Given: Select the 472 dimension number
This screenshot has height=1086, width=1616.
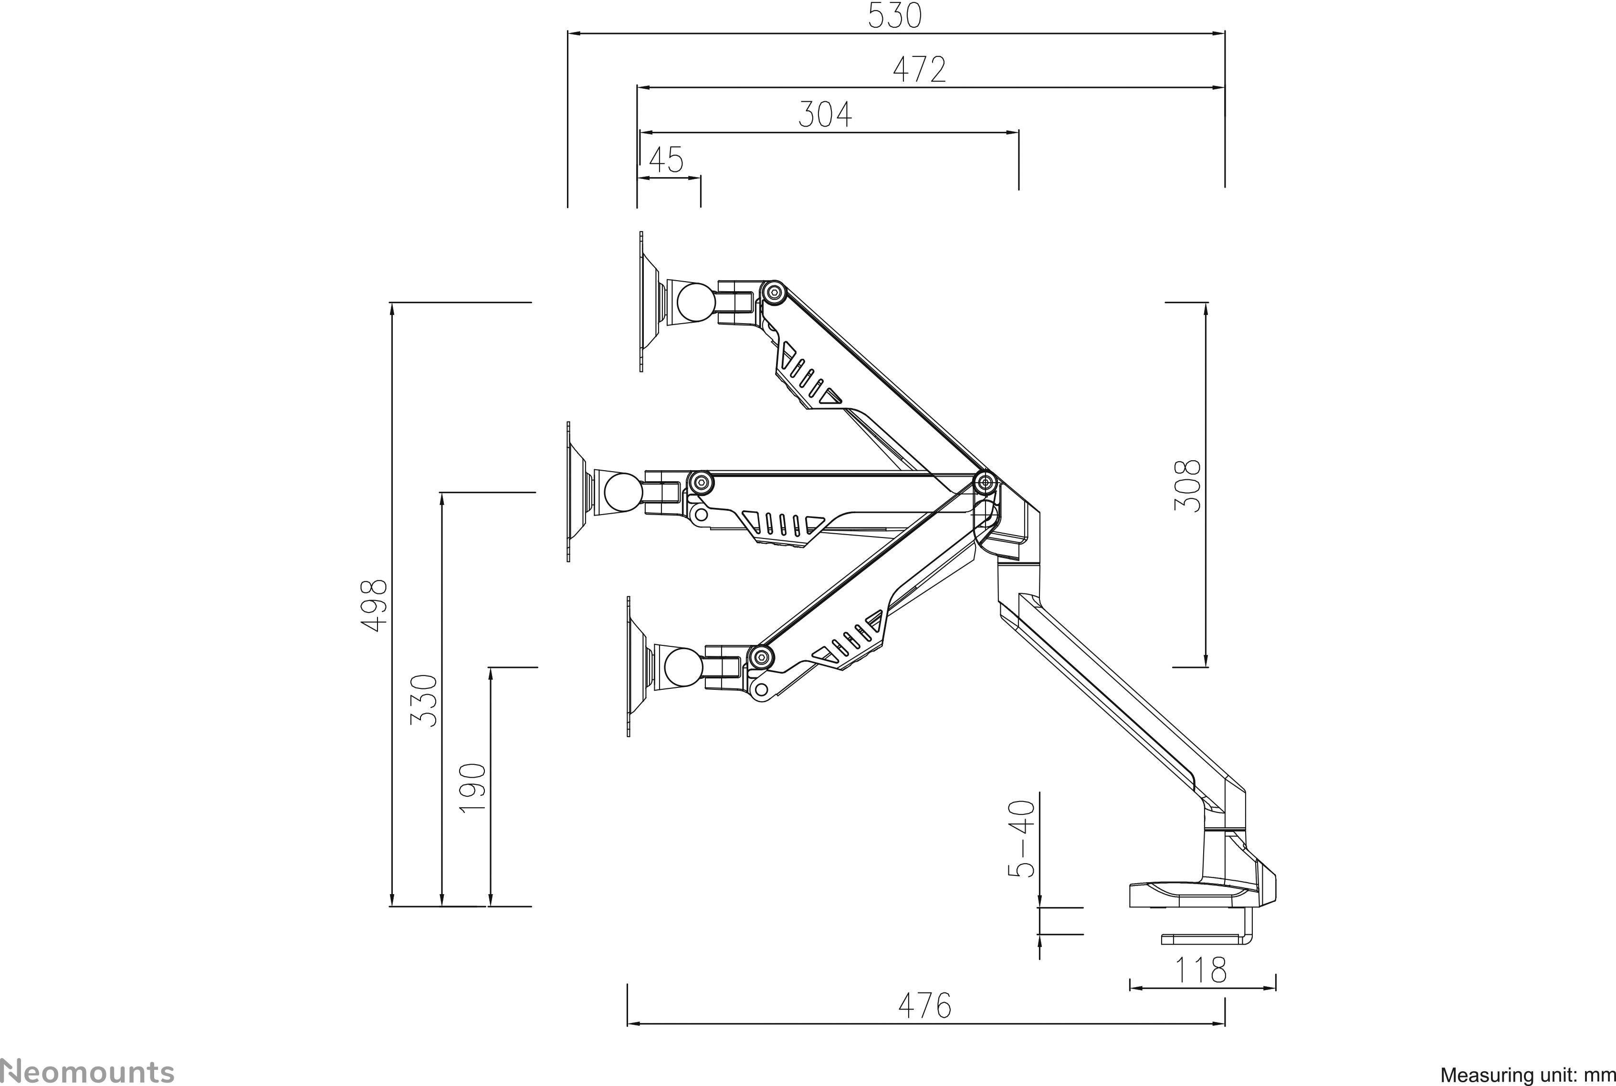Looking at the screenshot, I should (919, 70).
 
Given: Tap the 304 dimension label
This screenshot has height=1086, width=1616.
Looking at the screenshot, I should (825, 115).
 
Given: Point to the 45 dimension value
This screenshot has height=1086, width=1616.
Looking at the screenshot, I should (666, 161).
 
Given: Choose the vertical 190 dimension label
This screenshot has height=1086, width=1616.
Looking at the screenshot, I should (473, 788).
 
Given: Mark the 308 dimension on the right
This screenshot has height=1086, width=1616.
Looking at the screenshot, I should (1187, 485).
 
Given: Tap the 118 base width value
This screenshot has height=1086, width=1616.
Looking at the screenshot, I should (1201, 970).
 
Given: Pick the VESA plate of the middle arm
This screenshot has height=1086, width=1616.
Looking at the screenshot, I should (568, 492).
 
